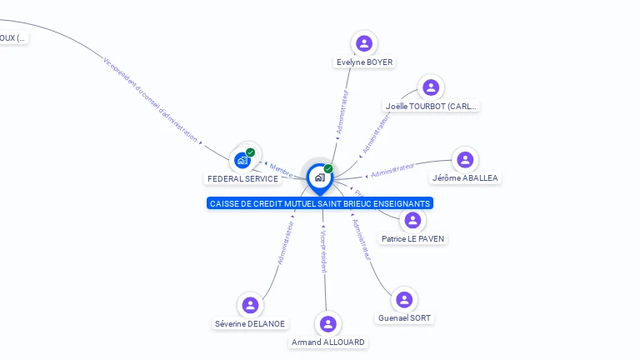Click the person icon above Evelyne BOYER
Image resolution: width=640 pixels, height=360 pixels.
point(363,43)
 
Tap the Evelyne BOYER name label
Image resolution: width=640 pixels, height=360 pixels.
point(364,62)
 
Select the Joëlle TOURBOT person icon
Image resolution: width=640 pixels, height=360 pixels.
point(430,87)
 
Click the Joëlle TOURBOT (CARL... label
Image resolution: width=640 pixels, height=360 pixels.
point(431,107)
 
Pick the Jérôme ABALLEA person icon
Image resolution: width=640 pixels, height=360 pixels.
point(465,160)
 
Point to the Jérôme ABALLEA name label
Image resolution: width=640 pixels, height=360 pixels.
point(465,178)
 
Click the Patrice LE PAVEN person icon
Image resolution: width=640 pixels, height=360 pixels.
point(412,220)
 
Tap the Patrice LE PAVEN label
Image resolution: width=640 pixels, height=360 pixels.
point(412,239)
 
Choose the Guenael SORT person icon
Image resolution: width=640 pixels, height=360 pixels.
point(404,300)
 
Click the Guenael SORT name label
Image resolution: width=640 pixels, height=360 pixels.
point(404,318)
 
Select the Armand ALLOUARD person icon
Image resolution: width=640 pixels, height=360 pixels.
point(327,324)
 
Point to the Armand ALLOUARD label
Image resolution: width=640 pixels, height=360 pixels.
point(328,342)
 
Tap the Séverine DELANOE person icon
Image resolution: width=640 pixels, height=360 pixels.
point(249,305)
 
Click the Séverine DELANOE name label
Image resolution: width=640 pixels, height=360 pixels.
point(250,324)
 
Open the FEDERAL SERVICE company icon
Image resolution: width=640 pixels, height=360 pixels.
point(243,159)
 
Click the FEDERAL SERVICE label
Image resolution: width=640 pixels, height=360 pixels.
point(242,179)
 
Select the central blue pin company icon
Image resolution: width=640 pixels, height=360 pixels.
point(319,177)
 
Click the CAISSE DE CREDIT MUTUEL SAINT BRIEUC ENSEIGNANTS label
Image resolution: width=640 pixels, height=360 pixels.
point(320,203)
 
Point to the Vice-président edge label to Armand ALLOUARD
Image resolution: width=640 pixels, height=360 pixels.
point(323,247)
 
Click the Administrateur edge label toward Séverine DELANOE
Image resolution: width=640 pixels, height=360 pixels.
point(285,242)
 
